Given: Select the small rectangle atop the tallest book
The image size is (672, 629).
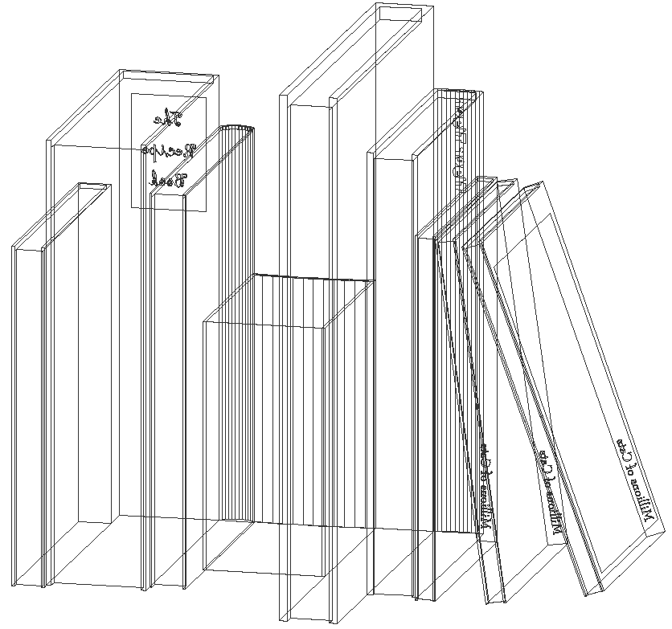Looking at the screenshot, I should pyautogui.click(x=400, y=14).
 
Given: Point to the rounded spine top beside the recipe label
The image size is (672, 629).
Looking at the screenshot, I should pyautogui.click(x=237, y=127).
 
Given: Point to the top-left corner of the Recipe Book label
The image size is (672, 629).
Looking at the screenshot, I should pyautogui.click(x=132, y=94).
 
